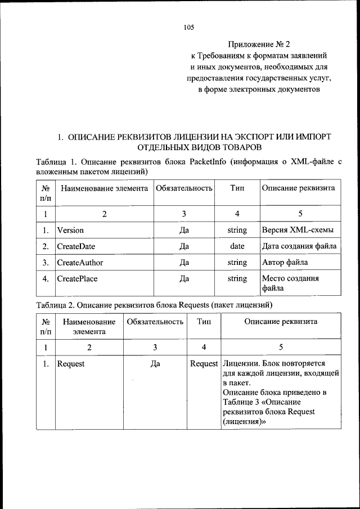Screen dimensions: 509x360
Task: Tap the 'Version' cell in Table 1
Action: coord(70,230)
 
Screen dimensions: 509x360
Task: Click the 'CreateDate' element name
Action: coord(76,246)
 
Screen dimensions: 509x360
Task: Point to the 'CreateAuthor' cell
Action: coord(79,262)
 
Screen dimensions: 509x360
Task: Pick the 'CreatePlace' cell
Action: coord(78,278)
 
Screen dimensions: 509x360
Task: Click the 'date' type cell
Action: coord(237,246)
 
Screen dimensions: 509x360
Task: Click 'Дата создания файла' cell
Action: coord(299,246)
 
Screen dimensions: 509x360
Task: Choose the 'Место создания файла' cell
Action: coord(290,283)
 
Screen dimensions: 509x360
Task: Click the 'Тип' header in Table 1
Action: coord(237,188)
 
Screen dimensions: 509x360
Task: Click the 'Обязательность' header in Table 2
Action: coord(155,322)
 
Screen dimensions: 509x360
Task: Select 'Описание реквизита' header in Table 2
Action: coord(281,322)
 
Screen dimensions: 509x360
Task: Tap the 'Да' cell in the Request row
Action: coord(155,364)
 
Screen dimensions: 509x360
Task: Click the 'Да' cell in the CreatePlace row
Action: coord(183,278)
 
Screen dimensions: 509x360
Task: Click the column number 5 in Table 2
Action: coord(281,347)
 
